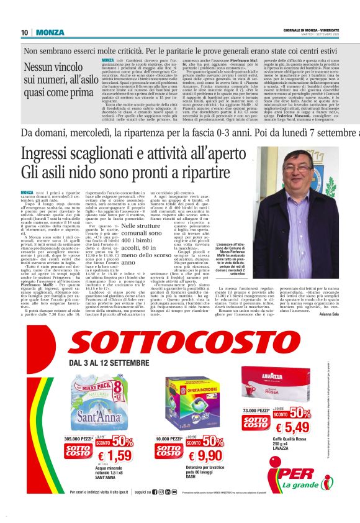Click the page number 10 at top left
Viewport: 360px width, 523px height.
[24, 32]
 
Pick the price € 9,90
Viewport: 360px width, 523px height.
[204, 457]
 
